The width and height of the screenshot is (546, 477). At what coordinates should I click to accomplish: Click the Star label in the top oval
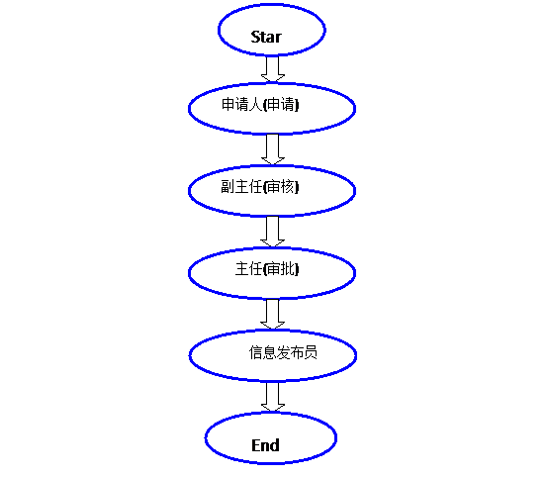[266, 37]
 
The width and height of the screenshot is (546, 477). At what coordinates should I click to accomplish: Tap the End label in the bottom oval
[265, 445]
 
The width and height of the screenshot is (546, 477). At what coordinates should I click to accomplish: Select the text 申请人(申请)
[260, 104]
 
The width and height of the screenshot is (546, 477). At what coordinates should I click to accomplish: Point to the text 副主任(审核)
[260, 186]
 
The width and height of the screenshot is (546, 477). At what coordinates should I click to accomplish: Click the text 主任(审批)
[267, 269]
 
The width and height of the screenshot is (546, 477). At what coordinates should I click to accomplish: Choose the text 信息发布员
[283, 352]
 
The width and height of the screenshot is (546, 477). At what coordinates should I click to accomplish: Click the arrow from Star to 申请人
[273, 69]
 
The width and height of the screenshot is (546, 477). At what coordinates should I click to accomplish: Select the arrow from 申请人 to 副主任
[273, 149]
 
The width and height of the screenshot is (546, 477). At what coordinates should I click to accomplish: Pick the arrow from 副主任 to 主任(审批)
[273, 232]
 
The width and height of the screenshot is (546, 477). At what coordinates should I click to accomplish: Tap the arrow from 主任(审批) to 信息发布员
[273, 314]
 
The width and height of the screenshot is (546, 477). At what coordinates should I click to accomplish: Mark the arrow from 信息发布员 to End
[273, 397]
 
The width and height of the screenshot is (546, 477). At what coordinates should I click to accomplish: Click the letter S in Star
[255, 37]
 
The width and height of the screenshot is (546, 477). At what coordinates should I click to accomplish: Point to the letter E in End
[255, 445]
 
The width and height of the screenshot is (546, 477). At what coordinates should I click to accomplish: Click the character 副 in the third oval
[227, 186]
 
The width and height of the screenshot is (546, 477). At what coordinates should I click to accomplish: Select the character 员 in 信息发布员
[311, 352]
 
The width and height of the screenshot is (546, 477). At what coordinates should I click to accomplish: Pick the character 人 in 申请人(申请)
[255, 105]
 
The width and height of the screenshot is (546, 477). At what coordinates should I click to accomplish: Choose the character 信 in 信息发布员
[255, 352]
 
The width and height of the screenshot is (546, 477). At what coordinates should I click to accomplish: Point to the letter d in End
[275, 445]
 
